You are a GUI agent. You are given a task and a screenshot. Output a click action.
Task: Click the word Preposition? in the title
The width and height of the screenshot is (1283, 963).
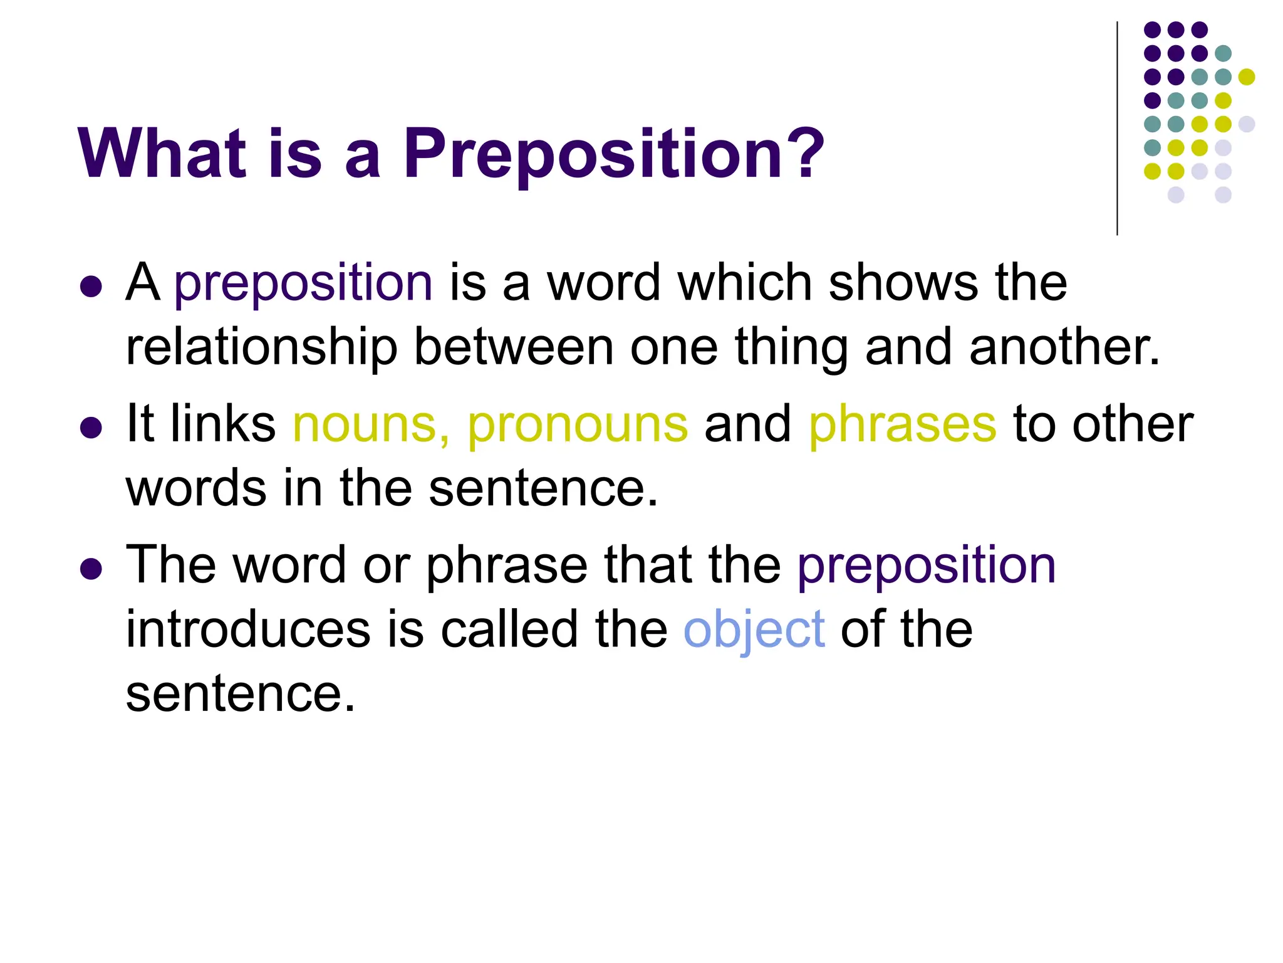tap(614, 154)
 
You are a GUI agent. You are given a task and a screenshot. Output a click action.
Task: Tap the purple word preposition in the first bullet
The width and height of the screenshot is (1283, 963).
tap(303, 283)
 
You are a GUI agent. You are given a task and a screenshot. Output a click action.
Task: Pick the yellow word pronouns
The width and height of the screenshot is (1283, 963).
tap(578, 424)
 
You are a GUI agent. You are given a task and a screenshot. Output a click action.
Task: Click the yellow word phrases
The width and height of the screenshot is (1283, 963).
tap(902, 424)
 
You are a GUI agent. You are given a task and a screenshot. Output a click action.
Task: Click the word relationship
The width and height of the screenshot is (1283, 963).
tap(262, 347)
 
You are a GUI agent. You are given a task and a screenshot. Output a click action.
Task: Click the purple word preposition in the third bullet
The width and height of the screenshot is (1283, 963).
tap(927, 565)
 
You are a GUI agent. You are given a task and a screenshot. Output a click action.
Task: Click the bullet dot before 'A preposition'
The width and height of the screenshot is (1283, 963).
tap(91, 287)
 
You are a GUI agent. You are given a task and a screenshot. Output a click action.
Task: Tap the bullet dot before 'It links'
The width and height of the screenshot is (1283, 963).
tap(91, 428)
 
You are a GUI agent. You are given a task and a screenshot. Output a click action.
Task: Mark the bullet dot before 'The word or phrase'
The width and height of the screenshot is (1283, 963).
tap(91, 569)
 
